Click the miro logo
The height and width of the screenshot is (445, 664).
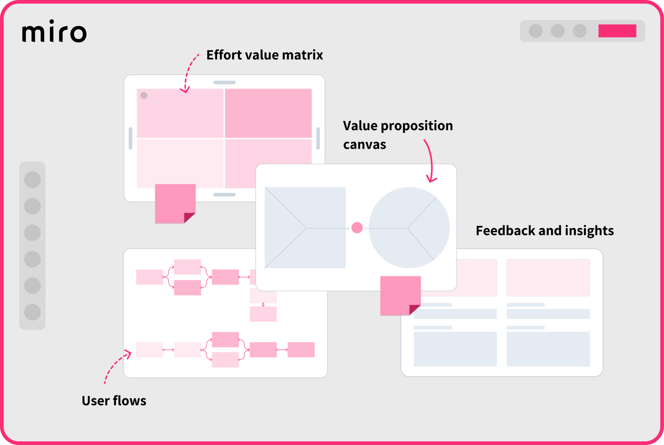coord(54,31)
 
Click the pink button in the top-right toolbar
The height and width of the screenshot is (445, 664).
coord(617,31)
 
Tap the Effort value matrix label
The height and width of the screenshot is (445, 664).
coord(265,55)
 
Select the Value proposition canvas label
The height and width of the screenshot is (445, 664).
coord(397,134)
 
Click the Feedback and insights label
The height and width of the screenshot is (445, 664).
coord(544,231)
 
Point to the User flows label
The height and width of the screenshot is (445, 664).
coord(114,401)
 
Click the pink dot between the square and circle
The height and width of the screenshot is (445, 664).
coord(357,228)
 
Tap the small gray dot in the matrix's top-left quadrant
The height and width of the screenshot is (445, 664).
coord(144,95)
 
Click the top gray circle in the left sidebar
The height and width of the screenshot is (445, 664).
coord(32,179)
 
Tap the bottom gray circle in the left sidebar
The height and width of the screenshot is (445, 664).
coord(32,312)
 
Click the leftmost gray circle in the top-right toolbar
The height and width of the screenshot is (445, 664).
coord(536,31)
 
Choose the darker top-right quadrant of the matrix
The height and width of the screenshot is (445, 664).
coord(268,113)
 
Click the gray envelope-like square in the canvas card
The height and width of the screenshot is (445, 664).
coord(305,228)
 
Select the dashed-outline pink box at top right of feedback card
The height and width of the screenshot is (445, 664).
coord(548,277)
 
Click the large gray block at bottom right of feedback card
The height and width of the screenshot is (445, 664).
coord(548,349)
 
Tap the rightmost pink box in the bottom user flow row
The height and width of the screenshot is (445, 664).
coord(301,350)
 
